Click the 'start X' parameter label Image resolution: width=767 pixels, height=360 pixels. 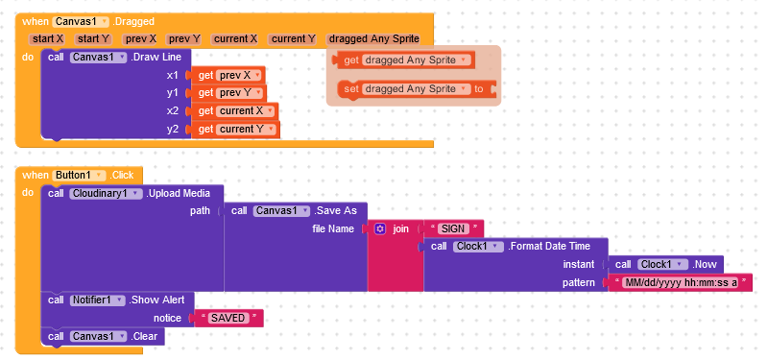point(47,38)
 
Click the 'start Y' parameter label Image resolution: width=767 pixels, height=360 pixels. point(93,38)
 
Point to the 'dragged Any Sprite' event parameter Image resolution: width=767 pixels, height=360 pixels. point(373,38)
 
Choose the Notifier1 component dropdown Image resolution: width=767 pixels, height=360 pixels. point(98,300)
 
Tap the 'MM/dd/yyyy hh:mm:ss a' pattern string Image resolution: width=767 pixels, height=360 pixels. point(681,283)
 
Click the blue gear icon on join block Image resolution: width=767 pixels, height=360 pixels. point(380,229)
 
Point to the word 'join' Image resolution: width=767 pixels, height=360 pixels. point(400,229)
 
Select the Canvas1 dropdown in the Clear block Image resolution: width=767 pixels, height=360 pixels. point(98,336)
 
